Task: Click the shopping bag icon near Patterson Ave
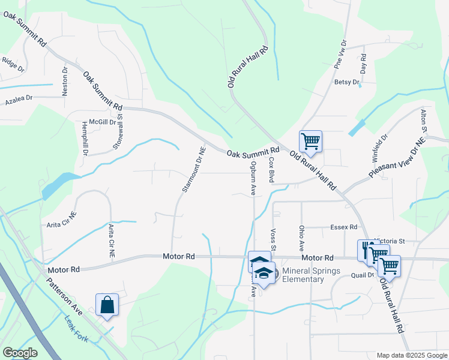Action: point(107,304)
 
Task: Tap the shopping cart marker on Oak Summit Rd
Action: point(310,142)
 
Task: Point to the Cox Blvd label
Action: point(271,170)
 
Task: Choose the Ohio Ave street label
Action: point(301,238)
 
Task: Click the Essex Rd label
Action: point(344,227)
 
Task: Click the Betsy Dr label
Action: point(346,82)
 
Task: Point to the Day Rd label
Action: point(363,64)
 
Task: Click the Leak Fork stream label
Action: point(76,329)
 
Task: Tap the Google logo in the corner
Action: point(20,353)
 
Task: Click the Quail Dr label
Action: point(363,275)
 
